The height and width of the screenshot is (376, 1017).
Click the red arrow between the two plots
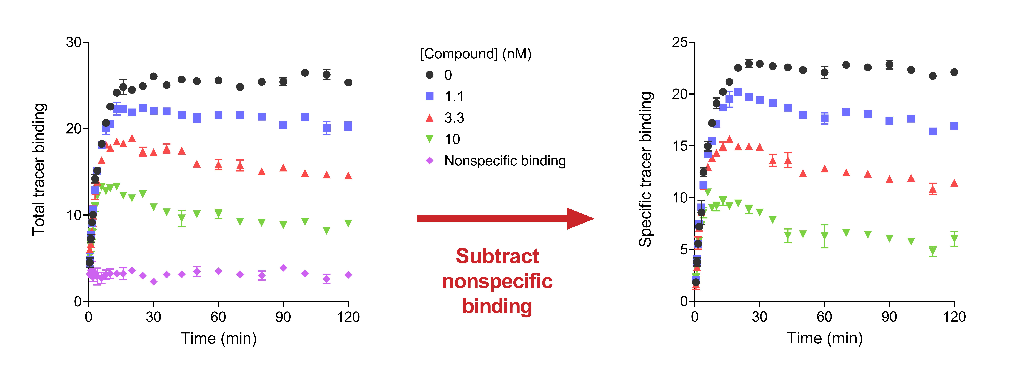pyautogui.click(x=505, y=219)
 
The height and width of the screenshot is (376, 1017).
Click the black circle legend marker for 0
pyautogui.click(x=430, y=75)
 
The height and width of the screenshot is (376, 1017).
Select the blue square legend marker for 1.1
pyautogui.click(x=430, y=96)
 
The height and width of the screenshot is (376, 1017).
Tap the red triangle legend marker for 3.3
pyautogui.click(x=430, y=118)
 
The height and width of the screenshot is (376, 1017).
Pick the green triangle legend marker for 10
pyautogui.click(x=430, y=139)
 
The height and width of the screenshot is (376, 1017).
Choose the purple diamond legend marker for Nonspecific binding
pyautogui.click(x=430, y=161)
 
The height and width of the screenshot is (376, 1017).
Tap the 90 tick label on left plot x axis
pyautogui.click(x=283, y=317)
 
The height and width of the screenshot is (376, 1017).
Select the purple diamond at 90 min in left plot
pyautogui.click(x=283, y=268)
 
